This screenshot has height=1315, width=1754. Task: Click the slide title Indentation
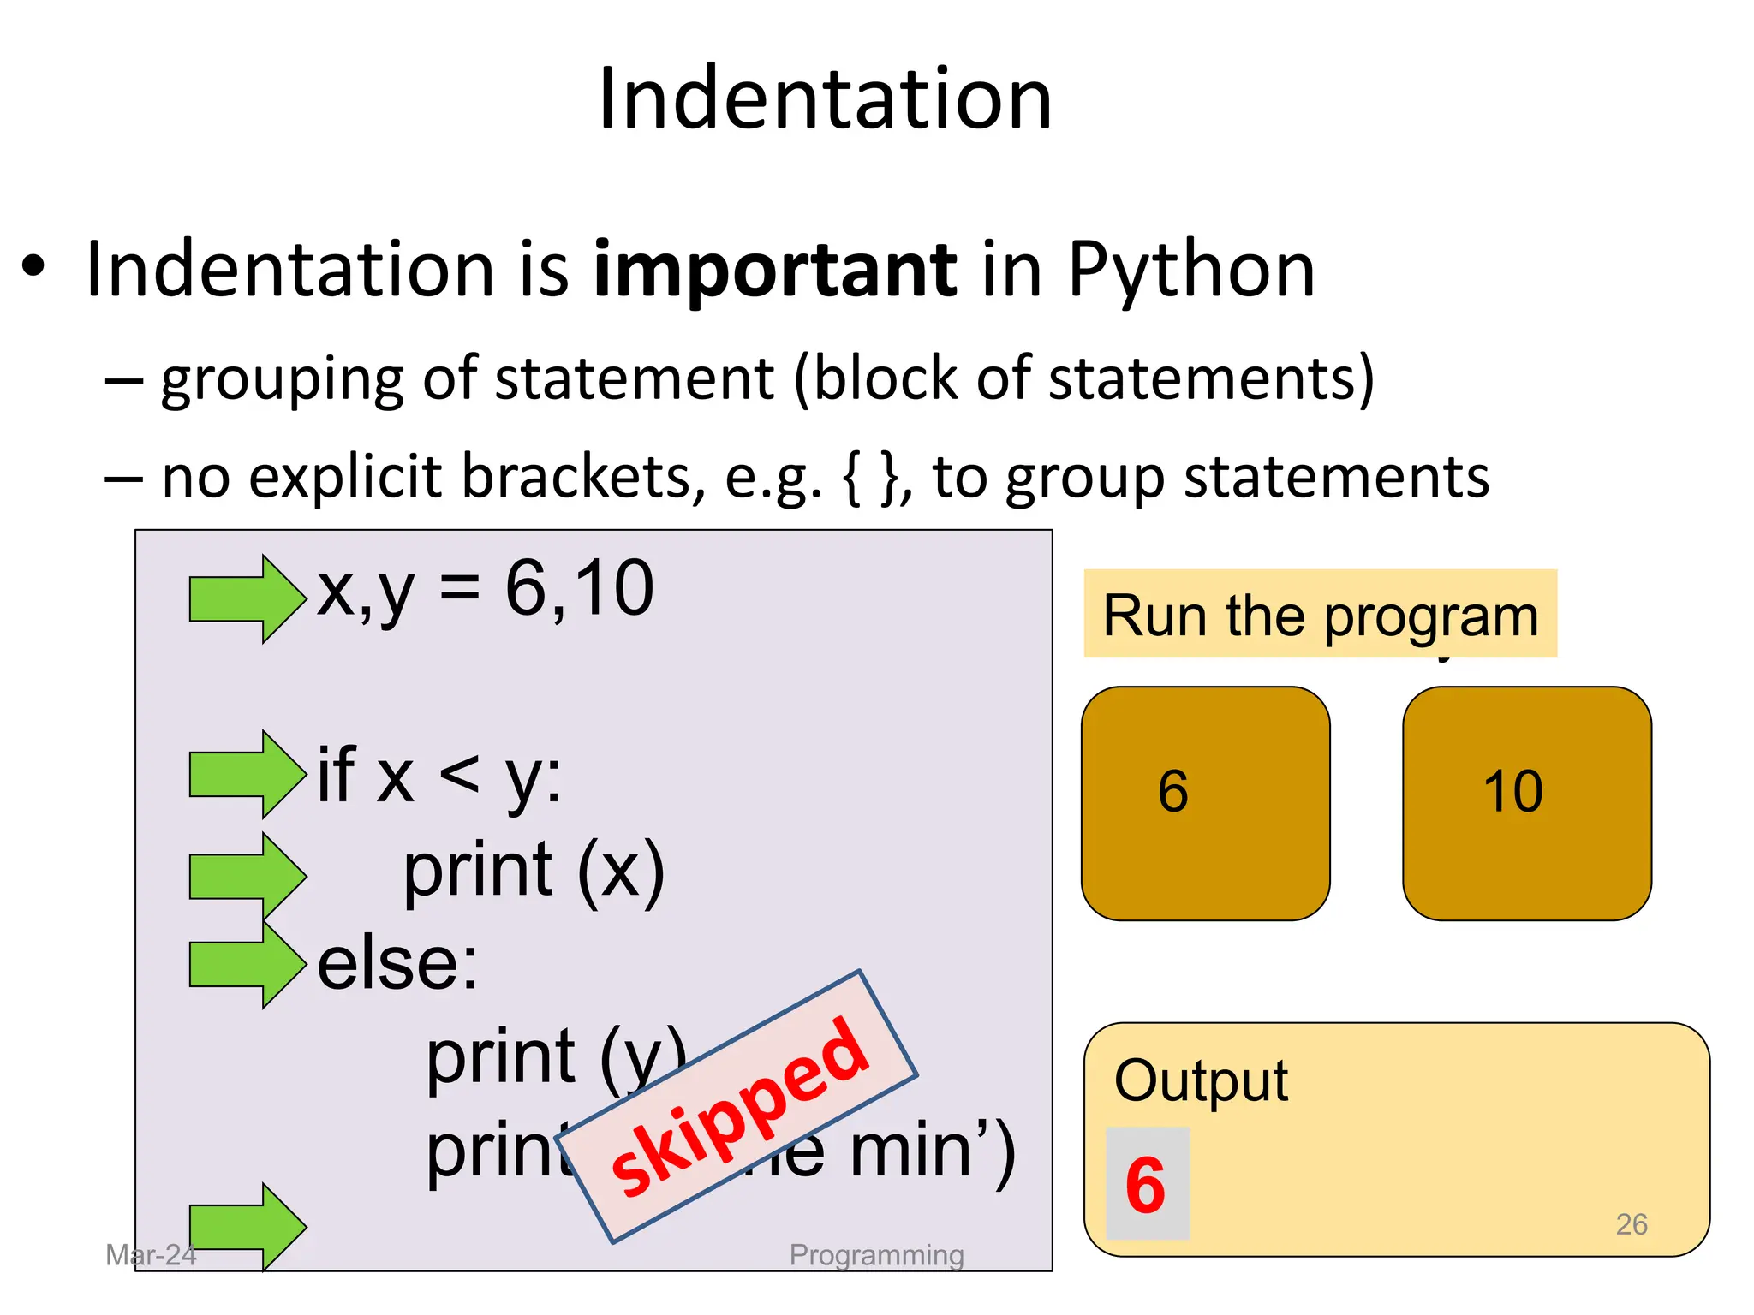(x=825, y=99)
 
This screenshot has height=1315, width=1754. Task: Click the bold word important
(x=774, y=271)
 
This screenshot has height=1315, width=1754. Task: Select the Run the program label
(x=1320, y=615)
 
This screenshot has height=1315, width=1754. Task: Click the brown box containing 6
(x=1205, y=803)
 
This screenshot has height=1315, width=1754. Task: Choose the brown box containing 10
(x=1526, y=803)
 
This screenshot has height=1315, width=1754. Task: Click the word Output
(x=1201, y=1081)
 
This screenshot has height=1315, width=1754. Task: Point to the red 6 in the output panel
(x=1146, y=1185)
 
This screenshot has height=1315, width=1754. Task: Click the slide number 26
(x=1631, y=1224)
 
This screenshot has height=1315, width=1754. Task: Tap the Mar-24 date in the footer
(x=151, y=1255)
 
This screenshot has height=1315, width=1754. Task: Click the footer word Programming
(x=876, y=1255)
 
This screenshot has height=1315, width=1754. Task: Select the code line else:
(x=397, y=964)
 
